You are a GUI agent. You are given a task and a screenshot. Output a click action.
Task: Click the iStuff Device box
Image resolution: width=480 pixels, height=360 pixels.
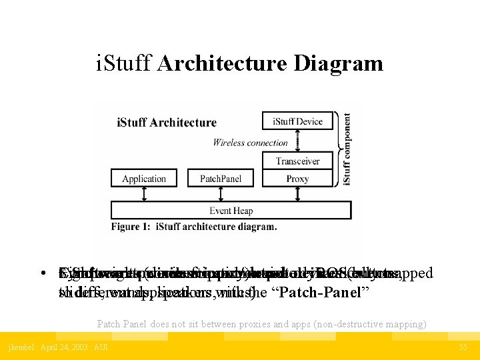click(x=297, y=121)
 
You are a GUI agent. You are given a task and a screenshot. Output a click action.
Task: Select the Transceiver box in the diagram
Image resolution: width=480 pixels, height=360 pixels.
click(x=297, y=161)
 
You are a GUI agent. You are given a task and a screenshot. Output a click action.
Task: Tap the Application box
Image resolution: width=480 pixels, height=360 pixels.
click(x=144, y=179)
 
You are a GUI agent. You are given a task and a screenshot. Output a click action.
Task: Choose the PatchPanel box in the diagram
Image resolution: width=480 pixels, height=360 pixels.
click(x=221, y=179)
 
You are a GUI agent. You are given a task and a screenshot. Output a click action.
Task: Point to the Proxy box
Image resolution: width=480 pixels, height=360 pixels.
click(x=297, y=179)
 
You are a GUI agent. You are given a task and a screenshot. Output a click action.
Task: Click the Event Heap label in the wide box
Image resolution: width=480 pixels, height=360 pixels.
click(x=231, y=211)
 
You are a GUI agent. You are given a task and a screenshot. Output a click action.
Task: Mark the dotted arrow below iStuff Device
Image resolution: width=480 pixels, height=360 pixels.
click(x=297, y=141)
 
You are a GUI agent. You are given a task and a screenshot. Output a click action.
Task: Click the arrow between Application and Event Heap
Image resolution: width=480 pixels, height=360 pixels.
click(x=144, y=194)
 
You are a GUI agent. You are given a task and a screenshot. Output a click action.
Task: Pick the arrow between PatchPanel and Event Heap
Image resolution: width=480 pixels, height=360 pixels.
click(x=221, y=194)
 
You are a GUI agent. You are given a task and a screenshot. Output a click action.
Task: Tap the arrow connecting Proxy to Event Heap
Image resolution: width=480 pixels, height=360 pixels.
click(x=297, y=194)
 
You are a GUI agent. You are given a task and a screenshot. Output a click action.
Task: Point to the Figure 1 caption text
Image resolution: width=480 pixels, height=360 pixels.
click(x=194, y=227)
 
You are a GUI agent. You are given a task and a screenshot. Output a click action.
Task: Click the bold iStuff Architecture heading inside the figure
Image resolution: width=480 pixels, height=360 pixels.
click(x=167, y=122)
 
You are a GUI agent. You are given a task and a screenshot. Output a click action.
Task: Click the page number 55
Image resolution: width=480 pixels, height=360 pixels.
click(x=463, y=347)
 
